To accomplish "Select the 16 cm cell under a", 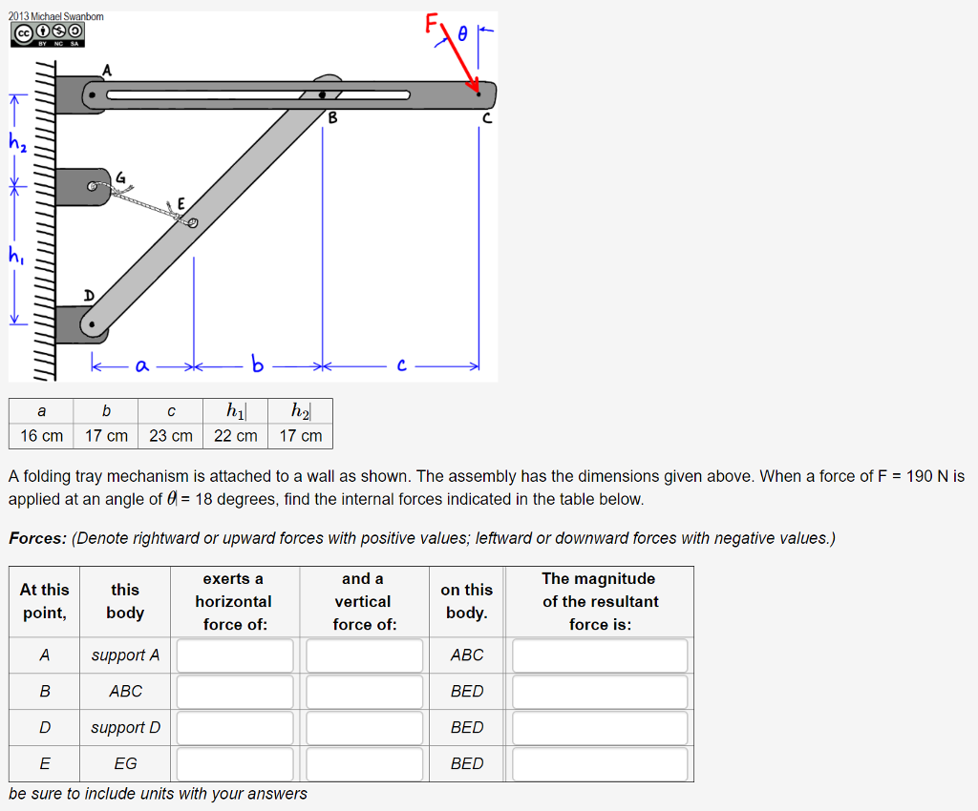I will (x=41, y=436).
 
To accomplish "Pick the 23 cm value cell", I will (x=171, y=436).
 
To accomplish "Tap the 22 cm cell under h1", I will (x=236, y=436).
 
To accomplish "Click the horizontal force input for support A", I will (x=235, y=655).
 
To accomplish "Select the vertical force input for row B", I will (x=364, y=692).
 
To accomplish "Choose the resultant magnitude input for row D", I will (x=599, y=728).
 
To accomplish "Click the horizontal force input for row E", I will (x=235, y=764).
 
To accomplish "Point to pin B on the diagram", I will (x=323, y=94).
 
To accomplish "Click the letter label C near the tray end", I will (x=487, y=119).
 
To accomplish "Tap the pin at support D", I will (x=91, y=325).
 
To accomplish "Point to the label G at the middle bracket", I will (x=120, y=177).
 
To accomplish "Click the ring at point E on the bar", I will (x=192, y=223).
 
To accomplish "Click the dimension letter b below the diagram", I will (x=256, y=364).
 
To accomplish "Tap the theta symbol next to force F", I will (x=463, y=32).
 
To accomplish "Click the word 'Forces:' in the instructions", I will (x=37, y=538).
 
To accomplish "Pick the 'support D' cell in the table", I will (x=125, y=728).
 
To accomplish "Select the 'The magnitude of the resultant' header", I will (x=600, y=601).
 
